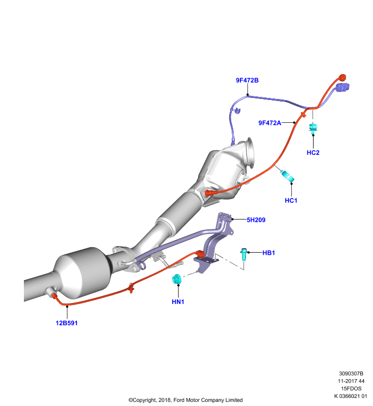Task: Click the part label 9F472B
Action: pyautogui.click(x=247, y=80)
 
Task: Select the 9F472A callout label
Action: pyautogui.click(x=269, y=123)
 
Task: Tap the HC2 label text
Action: pyautogui.click(x=313, y=153)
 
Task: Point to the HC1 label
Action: pyautogui.click(x=291, y=200)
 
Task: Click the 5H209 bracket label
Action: pyautogui.click(x=256, y=220)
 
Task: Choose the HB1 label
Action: pyautogui.click(x=268, y=253)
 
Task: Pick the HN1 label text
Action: pyautogui.click(x=178, y=301)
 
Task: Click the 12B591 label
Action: pyautogui.click(x=67, y=323)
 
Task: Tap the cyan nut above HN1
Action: pyautogui.click(x=177, y=279)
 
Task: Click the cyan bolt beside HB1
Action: pyautogui.click(x=243, y=254)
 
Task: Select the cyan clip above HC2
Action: pyautogui.click(x=313, y=128)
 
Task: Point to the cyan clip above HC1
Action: pyautogui.click(x=288, y=176)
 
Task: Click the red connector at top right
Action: pyautogui.click(x=343, y=78)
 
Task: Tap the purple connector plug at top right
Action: pyautogui.click(x=343, y=87)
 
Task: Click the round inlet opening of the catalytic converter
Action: pyautogui.click(x=250, y=152)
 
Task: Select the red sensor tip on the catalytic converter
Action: pyautogui.click(x=209, y=193)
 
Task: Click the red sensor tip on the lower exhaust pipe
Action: pyautogui.click(x=55, y=296)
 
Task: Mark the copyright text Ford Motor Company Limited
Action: pyautogui.click(x=208, y=400)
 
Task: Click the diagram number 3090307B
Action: pyautogui.click(x=351, y=374)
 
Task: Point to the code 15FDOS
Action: pyautogui.click(x=351, y=388)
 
